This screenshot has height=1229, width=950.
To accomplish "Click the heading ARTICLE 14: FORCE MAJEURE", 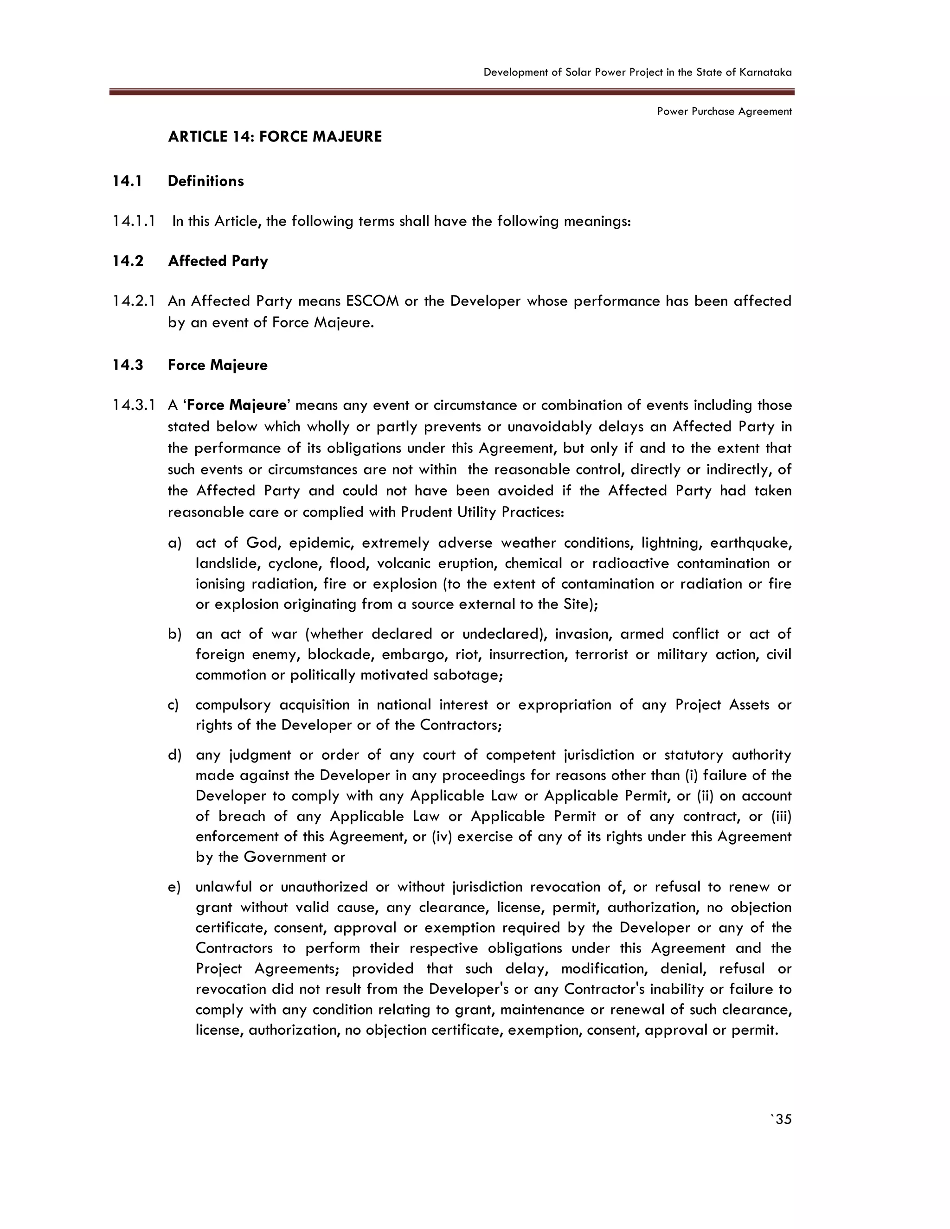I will tap(275, 137).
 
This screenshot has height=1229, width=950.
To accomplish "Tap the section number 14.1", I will tap(127, 181).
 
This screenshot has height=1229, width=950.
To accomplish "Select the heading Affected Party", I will tap(218, 261).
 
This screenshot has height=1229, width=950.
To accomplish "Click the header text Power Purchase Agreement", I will tap(724, 111).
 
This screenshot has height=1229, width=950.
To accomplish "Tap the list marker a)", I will tap(174, 543).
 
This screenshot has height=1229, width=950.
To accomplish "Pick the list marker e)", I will tap(174, 887).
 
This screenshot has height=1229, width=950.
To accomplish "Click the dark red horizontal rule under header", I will tap(451, 92).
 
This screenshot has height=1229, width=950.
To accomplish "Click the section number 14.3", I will tap(127, 365).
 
